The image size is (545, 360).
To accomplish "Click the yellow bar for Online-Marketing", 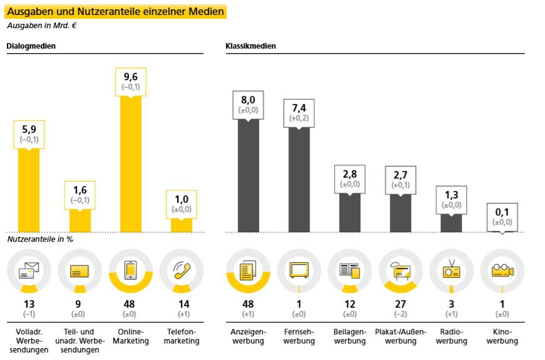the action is pyautogui.click(x=131, y=164).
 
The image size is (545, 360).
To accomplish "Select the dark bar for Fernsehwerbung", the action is pyautogui.click(x=299, y=180).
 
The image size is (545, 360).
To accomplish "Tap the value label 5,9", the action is pyautogui.click(x=29, y=130).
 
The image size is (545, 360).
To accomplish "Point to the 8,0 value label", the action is pyautogui.click(x=248, y=100).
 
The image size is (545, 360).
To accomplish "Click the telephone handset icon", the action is pyautogui.click(x=182, y=270).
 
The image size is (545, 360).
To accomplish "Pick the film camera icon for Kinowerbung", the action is pyautogui.click(x=502, y=270).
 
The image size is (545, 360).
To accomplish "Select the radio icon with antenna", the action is pyautogui.click(x=451, y=269).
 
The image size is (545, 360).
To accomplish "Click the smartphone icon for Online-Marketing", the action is pyautogui.click(x=130, y=270).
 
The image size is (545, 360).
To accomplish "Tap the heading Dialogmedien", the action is pyautogui.click(x=31, y=46).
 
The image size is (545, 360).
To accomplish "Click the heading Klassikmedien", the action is pyautogui.click(x=251, y=46).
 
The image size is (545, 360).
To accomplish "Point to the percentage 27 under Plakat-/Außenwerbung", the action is pyautogui.click(x=400, y=304).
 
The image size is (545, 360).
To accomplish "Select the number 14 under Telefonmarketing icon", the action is pyautogui.click(x=183, y=304).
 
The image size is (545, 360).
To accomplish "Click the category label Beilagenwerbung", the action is pyautogui.click(x=350, y=336).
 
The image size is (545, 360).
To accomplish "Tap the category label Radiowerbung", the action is pyautogui.click(x=451, y=336).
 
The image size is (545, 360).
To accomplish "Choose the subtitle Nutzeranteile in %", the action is pyautogui.click(x=40, y=239).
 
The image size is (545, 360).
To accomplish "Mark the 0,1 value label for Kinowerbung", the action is pyautogui.click(x=502, y=212).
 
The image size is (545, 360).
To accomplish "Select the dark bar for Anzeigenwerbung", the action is pyautogui.click(x=248, y=176).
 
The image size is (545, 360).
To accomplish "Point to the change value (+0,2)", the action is pyautogui.click(x=299, y=118).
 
